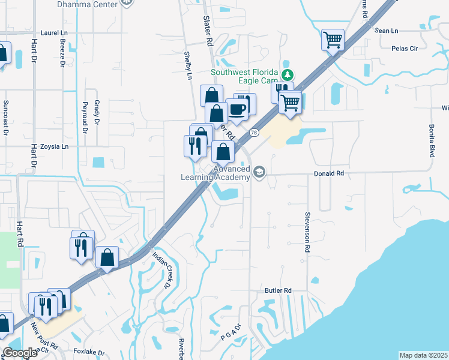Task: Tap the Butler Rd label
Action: (x=278, y=290)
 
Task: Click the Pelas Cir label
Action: (x=403, y=49)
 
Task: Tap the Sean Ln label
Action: (x=386, y=31)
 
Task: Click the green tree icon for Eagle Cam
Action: (x=288, y=74)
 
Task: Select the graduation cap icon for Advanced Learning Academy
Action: (x=259, y=172)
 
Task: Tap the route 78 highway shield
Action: (x=255, y=133)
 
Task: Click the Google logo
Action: (x=19, y=353)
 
